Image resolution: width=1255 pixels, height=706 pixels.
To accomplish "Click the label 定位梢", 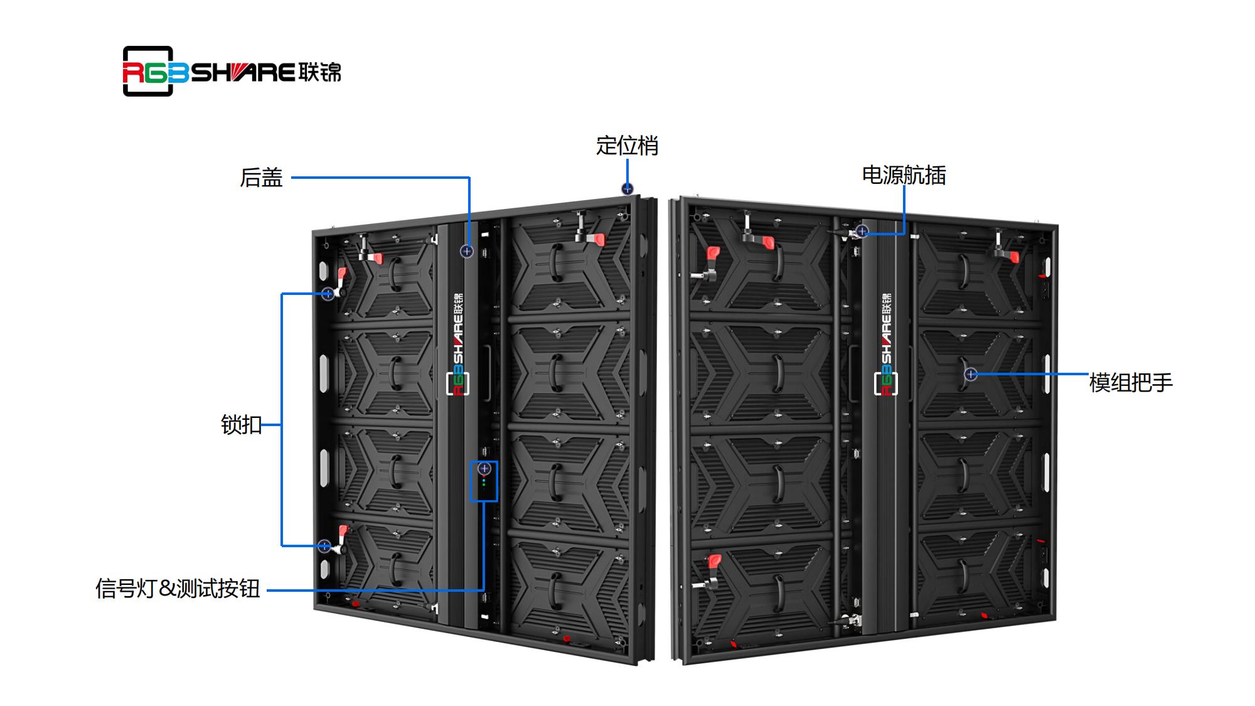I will (627, 146).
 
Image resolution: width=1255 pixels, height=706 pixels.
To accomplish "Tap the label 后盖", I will (261, 178).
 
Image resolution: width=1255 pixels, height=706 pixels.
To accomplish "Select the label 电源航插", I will (904, 176).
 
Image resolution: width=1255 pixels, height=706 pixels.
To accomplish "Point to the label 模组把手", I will (1131, 383).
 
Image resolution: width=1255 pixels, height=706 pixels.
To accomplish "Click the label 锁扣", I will (241, 425).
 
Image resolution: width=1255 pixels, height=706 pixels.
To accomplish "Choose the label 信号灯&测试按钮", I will (178, 589).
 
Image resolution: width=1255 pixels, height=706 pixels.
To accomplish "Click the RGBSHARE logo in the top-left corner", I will (232, 72).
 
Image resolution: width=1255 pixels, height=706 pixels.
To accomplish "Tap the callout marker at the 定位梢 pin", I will (627, 189).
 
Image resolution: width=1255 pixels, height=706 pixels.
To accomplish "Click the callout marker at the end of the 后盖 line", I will (466, 251).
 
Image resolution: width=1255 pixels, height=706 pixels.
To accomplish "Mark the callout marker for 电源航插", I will (862, 231).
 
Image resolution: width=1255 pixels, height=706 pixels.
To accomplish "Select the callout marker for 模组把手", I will (971, 375).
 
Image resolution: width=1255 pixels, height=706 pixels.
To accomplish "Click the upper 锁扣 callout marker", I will (328, 294).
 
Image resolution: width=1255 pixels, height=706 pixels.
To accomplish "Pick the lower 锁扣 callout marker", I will (324, 546).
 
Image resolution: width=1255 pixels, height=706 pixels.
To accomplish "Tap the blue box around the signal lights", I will (484, 481).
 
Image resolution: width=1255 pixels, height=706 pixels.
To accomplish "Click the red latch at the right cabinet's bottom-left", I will (714, 560).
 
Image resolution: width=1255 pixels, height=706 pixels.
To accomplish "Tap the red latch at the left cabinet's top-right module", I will (598, 239).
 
